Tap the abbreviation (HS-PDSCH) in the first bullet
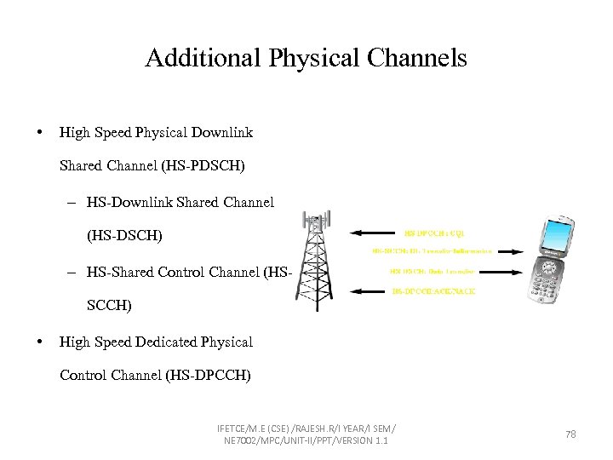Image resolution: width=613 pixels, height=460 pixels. pyautogui.click(x=203, y=166)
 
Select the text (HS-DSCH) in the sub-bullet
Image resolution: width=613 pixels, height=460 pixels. pyautogui.click(x=124, y=235)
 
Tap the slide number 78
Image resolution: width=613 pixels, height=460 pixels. pyautogui.click(x=570, y=434)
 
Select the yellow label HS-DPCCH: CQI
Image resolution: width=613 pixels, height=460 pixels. pyautogui.click(x=434, y=232)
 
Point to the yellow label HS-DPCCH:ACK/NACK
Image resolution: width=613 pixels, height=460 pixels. pyautogui.click(x=433, y=291)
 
